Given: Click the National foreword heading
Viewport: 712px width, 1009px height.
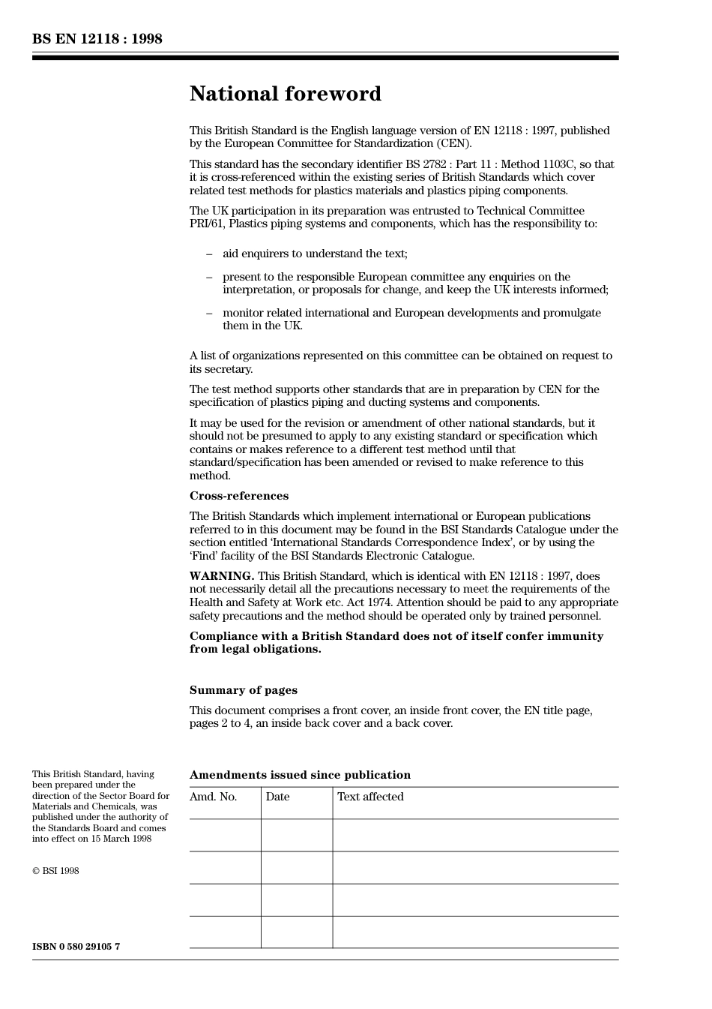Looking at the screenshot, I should tap(285, 94).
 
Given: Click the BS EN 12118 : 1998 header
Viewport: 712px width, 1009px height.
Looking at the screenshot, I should tap(97, 39).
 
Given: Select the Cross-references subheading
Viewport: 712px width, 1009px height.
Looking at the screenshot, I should tap(238, 496).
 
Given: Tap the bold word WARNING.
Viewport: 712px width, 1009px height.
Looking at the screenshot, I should tap(221, 576).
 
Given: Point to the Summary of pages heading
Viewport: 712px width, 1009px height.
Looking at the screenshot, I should tap(243, 690).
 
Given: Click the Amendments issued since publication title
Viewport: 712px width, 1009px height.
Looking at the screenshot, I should tap(300, 775).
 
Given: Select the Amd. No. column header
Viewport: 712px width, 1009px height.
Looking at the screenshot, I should tap(214, 797).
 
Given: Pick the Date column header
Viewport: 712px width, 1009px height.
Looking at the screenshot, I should tap(277, 797).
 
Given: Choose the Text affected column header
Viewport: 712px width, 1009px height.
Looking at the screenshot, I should tap(370, 797).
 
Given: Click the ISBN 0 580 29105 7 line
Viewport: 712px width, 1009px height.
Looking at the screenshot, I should tap(76, 947).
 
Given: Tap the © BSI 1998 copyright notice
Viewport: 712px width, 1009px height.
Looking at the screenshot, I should tap(55, 871).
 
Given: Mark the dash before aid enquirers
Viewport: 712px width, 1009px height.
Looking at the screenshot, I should tap(209, 254).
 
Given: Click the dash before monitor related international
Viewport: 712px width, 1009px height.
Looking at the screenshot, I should tap(209, 313).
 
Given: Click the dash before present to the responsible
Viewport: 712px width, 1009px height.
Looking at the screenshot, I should tap(209, 277).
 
